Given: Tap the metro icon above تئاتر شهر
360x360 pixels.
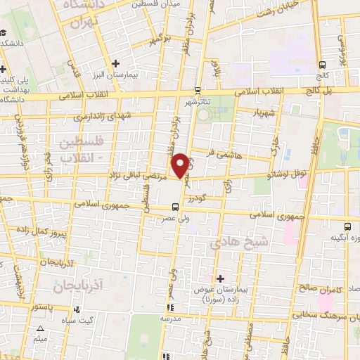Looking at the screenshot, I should (198, 91).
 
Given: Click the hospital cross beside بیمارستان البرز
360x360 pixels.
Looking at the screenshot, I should (126, 64).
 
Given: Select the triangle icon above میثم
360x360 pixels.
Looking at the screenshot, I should (40, 329).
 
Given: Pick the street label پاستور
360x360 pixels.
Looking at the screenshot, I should (42, 307).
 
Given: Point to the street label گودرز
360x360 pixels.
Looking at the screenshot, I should (202, 199).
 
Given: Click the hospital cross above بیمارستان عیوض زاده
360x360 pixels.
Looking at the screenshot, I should (221, 279).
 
